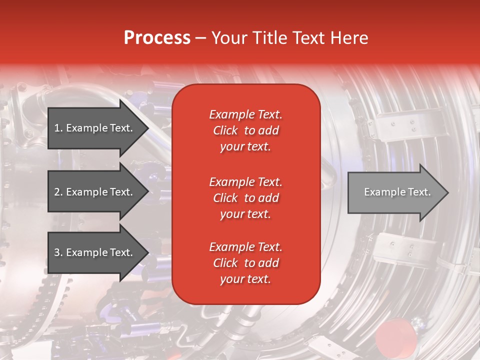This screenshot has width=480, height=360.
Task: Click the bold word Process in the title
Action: click(x=157, y=38)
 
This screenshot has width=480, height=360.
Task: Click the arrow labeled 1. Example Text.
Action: click(x=95, y=128)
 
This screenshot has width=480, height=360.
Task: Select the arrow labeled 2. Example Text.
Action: click(x=95, y=192)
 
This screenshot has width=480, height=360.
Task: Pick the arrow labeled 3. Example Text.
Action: click(x=95, y=252)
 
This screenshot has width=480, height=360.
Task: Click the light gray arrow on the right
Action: click(x=395, y=192)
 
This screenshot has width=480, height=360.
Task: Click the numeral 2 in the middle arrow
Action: click(x=57, y=192)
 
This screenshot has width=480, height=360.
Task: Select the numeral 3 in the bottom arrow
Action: click(x=57, y=252)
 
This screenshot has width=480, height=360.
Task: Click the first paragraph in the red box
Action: click(x=245, y=130)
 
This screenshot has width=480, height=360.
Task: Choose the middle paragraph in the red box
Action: click(x=245, y=198)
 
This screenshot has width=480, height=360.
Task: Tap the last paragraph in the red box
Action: click(x=245, y=263)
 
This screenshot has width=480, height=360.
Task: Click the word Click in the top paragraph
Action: click(x=225, y=130)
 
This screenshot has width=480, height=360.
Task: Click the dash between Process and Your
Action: click(x=200, y=38)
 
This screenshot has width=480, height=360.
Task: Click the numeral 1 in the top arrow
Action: click(x=57, y=128)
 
